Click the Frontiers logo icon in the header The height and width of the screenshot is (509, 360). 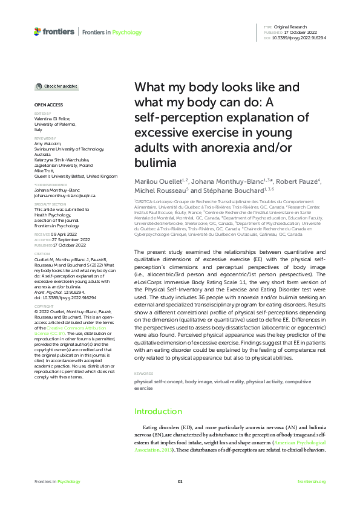[38, 31]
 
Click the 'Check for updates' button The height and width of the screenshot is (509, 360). [56, 86]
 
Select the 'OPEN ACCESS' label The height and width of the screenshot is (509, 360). [46, 105]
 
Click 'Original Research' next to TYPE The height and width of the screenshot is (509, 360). [291, 28]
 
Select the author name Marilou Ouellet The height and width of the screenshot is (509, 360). [157, 181]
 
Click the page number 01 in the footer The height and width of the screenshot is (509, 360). [180, 481]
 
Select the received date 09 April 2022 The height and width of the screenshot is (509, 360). [62, 233]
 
